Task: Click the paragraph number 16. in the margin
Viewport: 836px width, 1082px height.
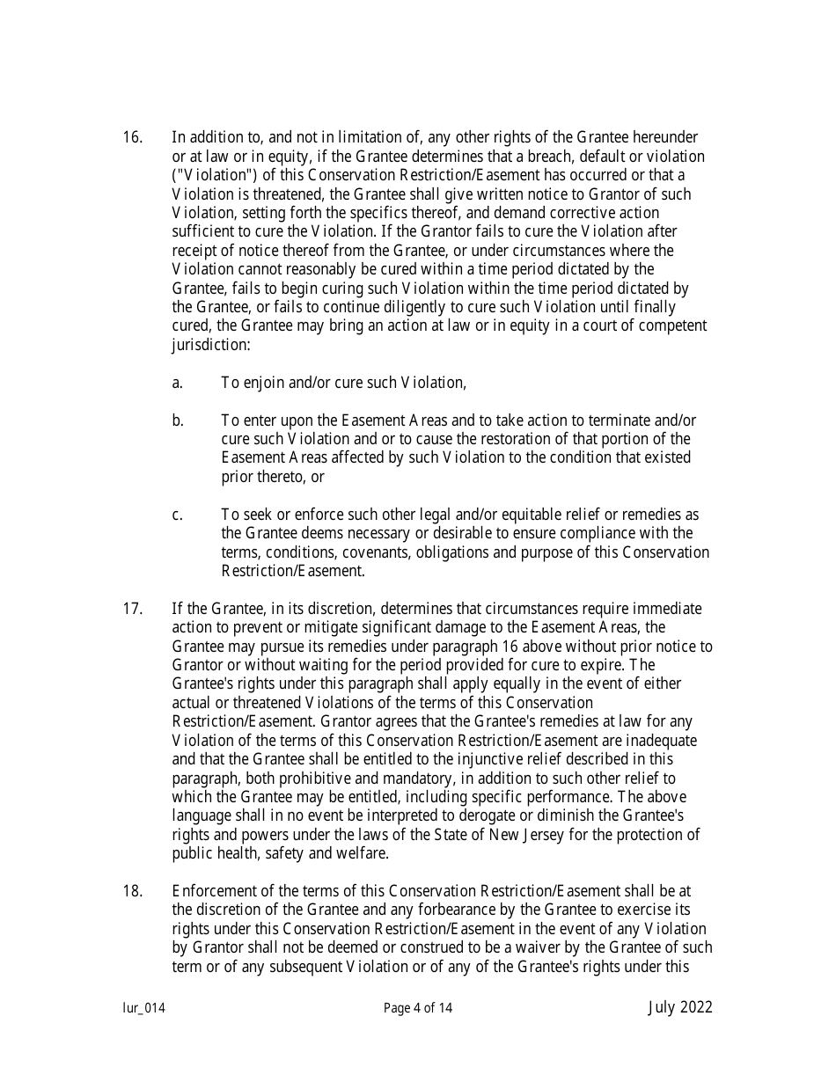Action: [x=132, y=137]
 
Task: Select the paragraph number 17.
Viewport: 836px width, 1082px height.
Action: [x=132, y=609]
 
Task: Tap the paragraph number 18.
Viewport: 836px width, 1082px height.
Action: [x=132, y=891]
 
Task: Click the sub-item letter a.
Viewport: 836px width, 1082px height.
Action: [x=177, y=383]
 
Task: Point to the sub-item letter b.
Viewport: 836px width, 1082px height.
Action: [x=178, y=420]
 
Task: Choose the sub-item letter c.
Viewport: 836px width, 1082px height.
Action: [x=177, y=515]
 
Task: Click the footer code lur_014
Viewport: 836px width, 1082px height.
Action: [x=143, y=1009]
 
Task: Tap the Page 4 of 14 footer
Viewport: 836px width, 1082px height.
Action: [x=418, y=1009]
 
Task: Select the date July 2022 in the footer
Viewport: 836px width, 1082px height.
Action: [x=680, y=1008]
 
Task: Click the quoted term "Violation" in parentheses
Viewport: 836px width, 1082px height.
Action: [x=209, y=175]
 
